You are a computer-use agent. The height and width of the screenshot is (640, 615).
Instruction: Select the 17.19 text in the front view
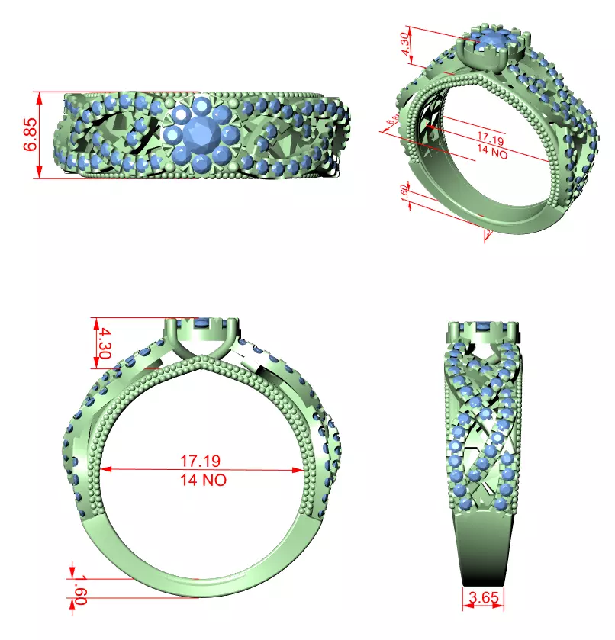201,461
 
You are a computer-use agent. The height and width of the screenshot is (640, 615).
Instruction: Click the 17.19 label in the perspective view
491,138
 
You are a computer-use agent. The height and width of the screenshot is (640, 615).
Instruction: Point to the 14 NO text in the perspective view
491,151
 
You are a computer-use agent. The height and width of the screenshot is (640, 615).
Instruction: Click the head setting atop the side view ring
482,331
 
